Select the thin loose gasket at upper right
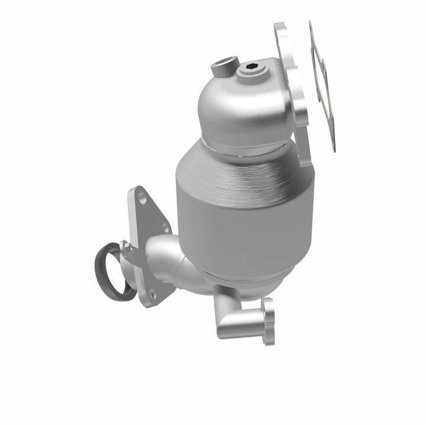324,83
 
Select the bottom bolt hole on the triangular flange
152,295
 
